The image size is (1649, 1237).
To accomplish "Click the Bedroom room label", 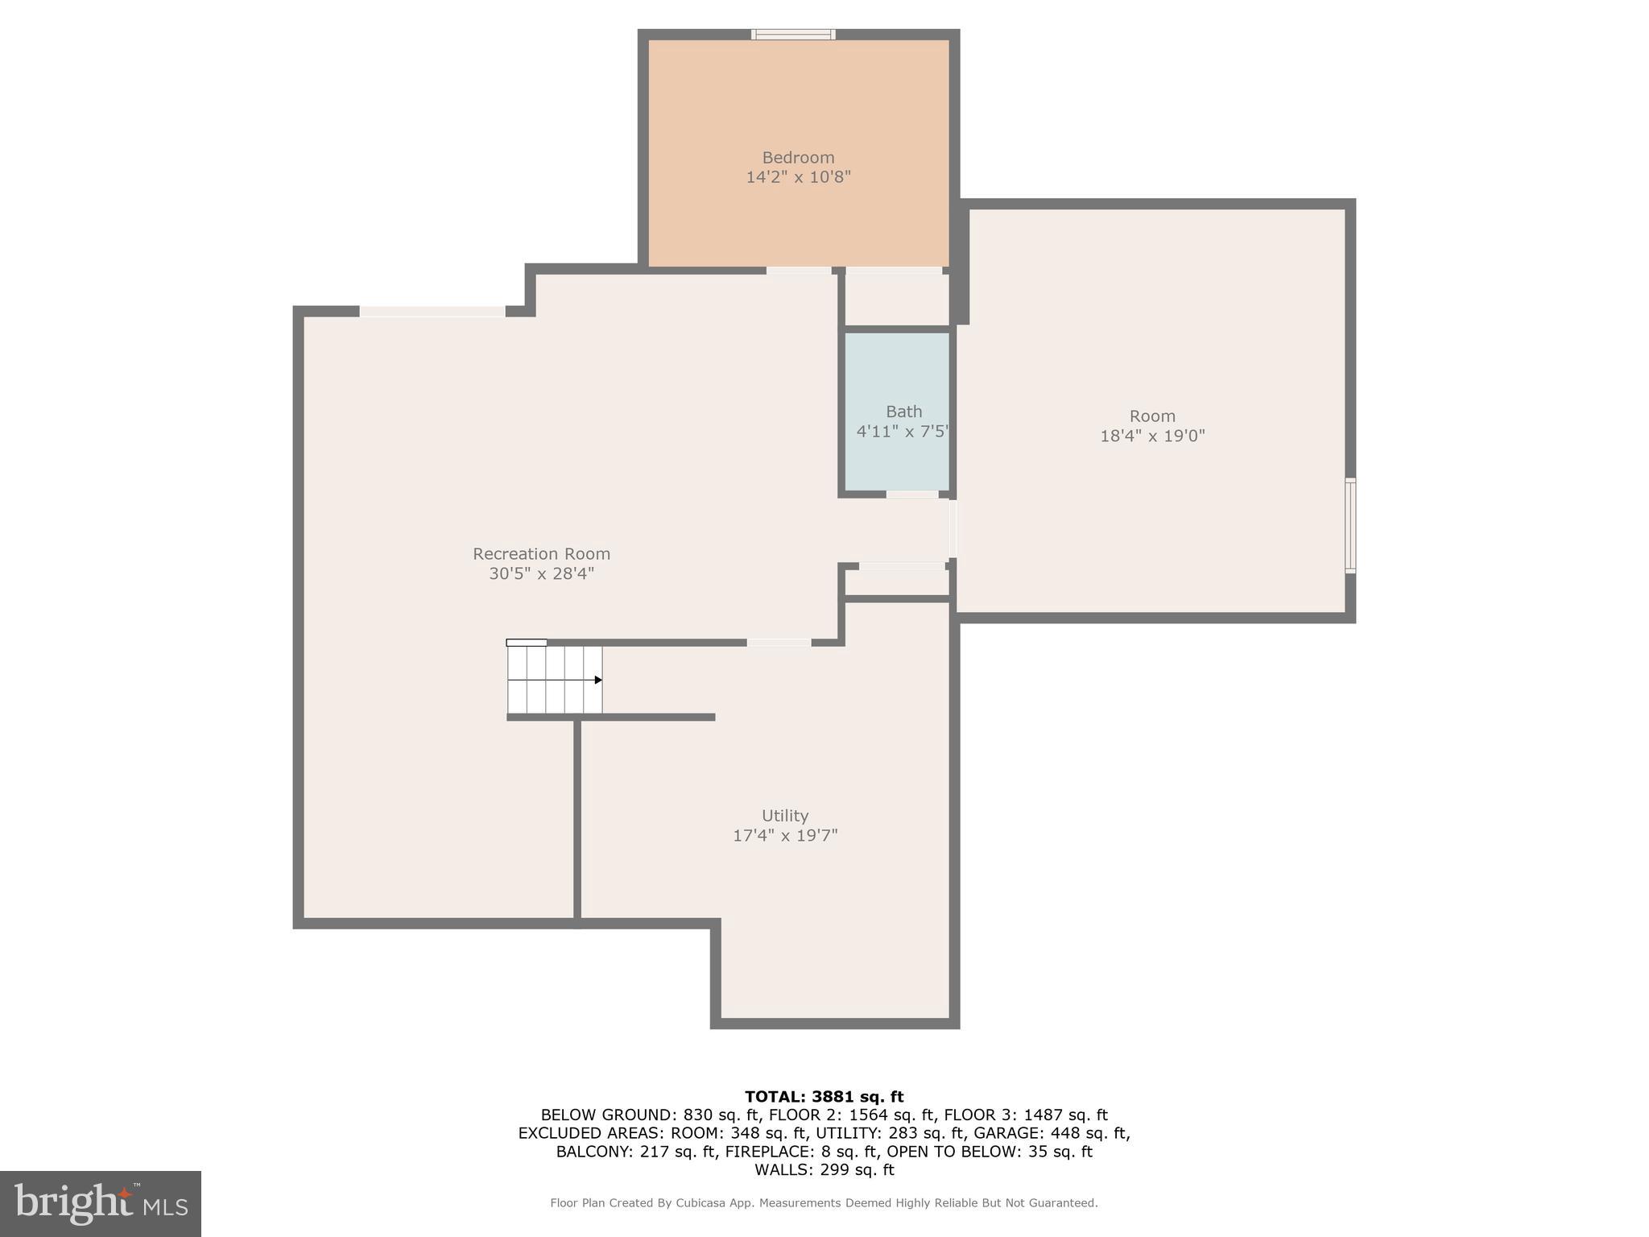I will (x=798, y=158).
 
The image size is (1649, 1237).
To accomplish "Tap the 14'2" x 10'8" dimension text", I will (x=798, y=177).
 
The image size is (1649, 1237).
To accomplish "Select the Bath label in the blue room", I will (x=903, y=412).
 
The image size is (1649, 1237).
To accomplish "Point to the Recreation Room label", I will (x=541, y=554).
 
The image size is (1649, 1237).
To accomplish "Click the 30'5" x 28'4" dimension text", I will (x=541, y=574).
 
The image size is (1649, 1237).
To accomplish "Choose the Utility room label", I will (x=785, y=816).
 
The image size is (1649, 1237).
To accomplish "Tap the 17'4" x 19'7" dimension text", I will (x=785, y=836).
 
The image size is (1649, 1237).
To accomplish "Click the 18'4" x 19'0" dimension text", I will (x=1152, y=436).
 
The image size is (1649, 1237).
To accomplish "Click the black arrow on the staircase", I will (x=597, y=681).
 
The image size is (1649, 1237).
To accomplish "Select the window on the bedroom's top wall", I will (x=793, y=35).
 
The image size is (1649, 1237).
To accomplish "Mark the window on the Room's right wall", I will (x=1350, y=525).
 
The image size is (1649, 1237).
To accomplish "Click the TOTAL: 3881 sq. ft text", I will (x=824, y=1097).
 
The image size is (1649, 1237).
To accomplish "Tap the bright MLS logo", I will (x=100, y=1204).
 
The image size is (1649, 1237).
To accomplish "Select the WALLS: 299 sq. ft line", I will (x=824, y=1170).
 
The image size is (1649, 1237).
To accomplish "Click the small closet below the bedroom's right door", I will (x=896, y=300).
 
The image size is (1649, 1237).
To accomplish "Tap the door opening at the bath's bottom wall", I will (x=912, y=494).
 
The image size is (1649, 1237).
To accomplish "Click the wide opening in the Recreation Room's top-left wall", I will (x=432, y=312).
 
